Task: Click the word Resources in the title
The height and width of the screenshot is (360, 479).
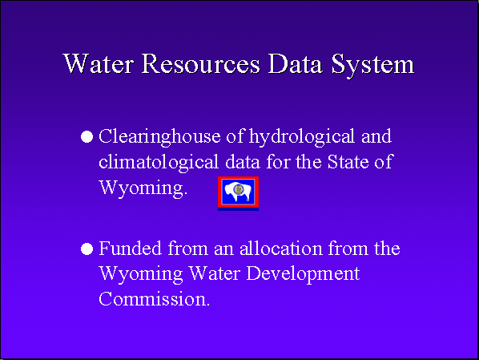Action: pyautogui.click(x=201, y=63)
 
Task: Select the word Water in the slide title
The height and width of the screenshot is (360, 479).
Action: pyautogui.click(x=99, y=63)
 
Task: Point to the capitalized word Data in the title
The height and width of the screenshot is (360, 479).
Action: pyautogui.click(x=296, y=63)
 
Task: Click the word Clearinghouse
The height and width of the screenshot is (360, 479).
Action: pyautogui.click(x=159, y=137)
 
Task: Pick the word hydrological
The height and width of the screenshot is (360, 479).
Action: pyautogui.click(x=302, y=137)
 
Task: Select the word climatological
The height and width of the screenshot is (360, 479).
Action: pyautogui.click(x=159, y=163)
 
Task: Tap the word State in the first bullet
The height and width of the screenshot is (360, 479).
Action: pyautogui.click(x=348, y=162)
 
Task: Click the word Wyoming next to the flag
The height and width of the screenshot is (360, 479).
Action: pyautogui.click(x=143, y=188)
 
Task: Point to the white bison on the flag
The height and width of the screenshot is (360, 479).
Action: pyautogui.click(x=238, y=192)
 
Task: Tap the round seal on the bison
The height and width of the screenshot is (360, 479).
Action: pyautogui.click(x=238, y=190)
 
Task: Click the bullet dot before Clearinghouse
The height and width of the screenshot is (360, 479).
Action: pyautogui.click(x=87, y=137)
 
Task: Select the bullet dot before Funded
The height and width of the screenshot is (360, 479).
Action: pyautogui.click(x=87, y=249)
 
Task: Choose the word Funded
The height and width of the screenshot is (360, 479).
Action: pyautogui.click(x=130, y=248)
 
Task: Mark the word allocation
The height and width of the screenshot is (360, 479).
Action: pyautogui.click(x=280, y=248)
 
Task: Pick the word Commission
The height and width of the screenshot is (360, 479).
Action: pyautogui.click(x=155, y=299)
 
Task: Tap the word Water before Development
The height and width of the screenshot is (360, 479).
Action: pyautogui.click(x=215, y=273)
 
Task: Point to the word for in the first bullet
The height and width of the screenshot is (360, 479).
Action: pyautogui.click(x=278, y=161)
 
